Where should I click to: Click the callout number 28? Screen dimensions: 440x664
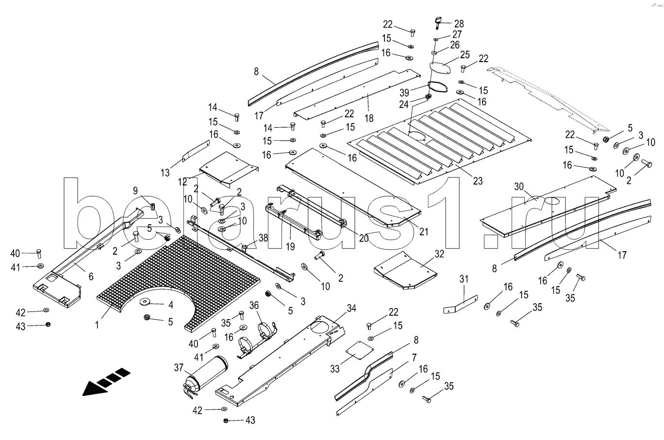pyautogui.click(x=459, y=23)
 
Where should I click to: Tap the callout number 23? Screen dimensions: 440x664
pyautogui.click(x=478, y=181)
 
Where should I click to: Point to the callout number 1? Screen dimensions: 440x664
pyautogui.click(x=97, y=325)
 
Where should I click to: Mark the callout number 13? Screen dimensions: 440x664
pyautogui.click(x=166, y=172)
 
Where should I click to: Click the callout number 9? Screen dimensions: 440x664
pyautogui.click(x=135, y=190)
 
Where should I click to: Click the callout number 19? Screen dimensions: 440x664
pyautogui.click(x=290, y=246)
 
